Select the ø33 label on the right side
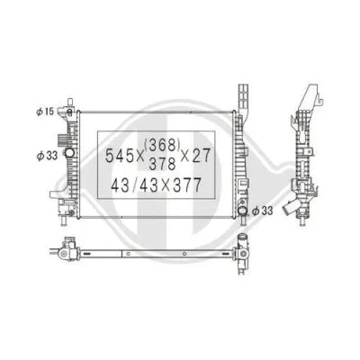262,211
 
